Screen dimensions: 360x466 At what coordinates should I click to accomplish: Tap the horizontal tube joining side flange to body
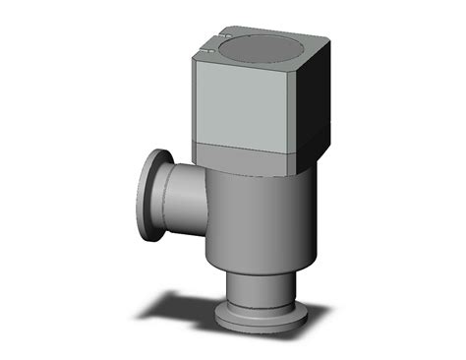182,202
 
